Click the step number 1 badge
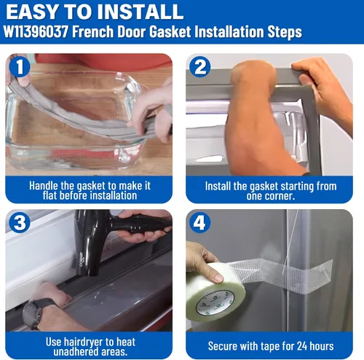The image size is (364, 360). tap(20, 67)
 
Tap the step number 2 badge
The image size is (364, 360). tap(200, 67)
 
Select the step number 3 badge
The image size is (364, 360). tap(20, 222)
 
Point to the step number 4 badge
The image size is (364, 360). tap(200, 222)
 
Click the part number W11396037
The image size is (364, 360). tap(36, 32)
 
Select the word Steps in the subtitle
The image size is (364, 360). tap(285, 32)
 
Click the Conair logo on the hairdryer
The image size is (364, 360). tap(81, 259)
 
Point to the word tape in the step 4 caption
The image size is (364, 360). tap(266, 346)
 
